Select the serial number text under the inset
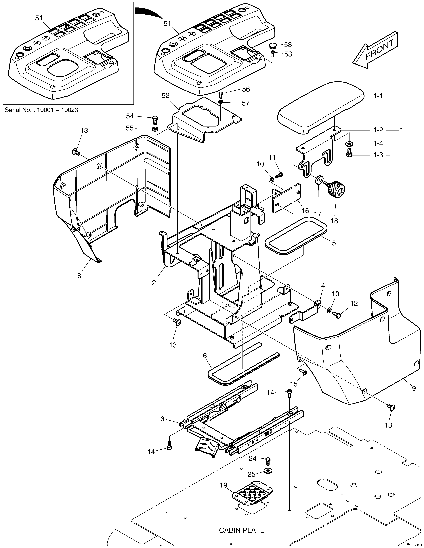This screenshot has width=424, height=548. point(41,110)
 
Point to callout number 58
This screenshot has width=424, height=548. point(288,45)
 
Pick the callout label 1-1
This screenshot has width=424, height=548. point(378,96)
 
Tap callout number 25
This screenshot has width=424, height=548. point(251,474)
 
